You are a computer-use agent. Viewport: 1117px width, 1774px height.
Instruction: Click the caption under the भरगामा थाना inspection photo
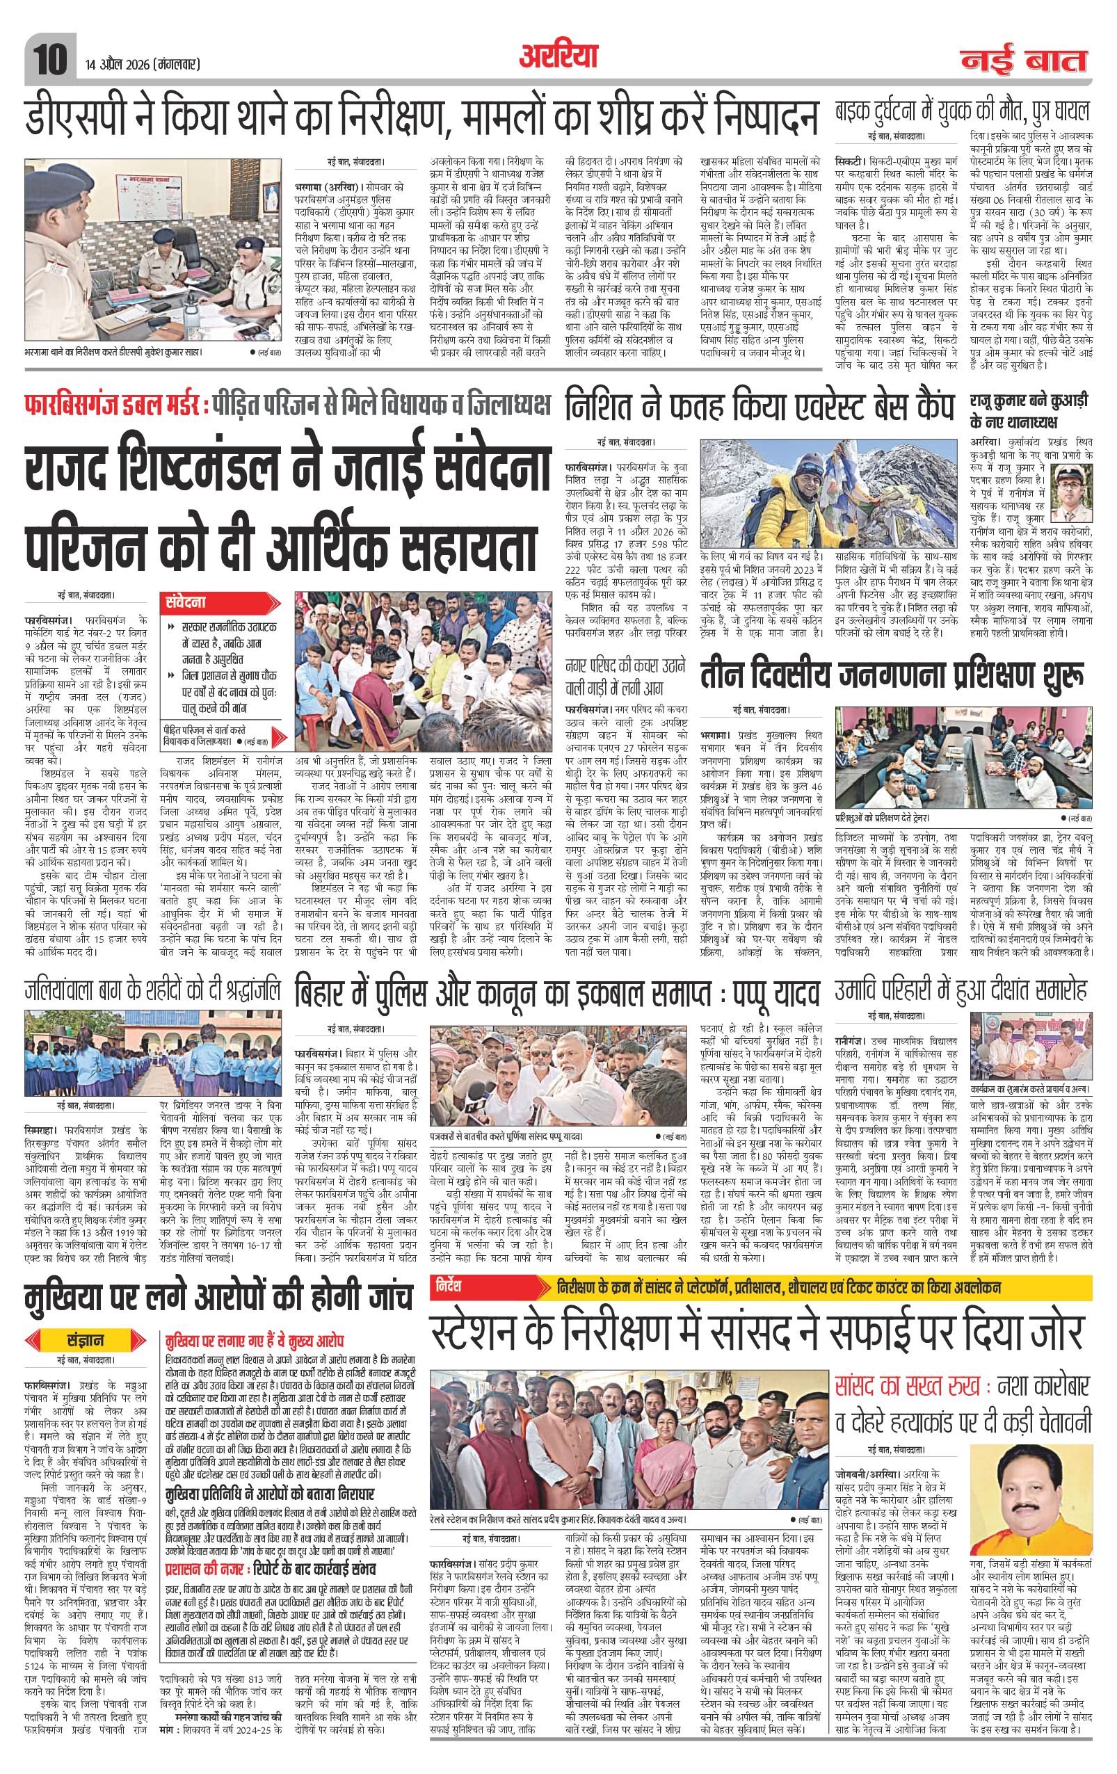coord(118,352)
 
